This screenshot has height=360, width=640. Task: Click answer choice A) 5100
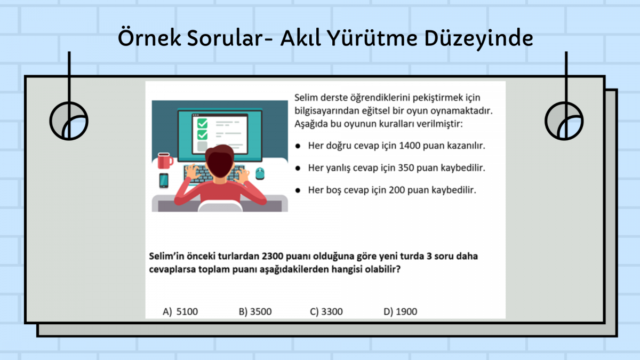[x=180, y=311]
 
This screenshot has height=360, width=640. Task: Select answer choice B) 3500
[x=255, y=311]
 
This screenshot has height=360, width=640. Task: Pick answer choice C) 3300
[x=326, y=311]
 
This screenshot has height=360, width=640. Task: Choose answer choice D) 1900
[x=401, y=311]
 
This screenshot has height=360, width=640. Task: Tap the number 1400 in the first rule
[x=410, y=146]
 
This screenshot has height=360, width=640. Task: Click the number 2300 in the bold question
[x=273, y=257]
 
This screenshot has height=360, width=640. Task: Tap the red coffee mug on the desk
[x=165, y=161]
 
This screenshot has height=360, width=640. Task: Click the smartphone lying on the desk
[x=164, y=181]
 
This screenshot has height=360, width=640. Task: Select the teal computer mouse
[x=260, y=173]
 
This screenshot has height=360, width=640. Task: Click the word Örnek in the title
[x=149, y=38]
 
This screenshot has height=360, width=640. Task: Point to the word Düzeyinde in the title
[x=479, y=39]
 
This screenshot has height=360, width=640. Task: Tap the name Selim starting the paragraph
[x=306, y=98]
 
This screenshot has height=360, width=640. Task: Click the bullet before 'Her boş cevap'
[x=298, y=190]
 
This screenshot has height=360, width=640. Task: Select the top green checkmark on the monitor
[x=203, y=124]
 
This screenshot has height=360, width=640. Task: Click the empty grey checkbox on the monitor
[x=202, y=146]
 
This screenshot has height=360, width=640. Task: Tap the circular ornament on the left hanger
[x=51, y=121]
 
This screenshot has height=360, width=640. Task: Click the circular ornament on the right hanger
[x=546, y=121]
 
